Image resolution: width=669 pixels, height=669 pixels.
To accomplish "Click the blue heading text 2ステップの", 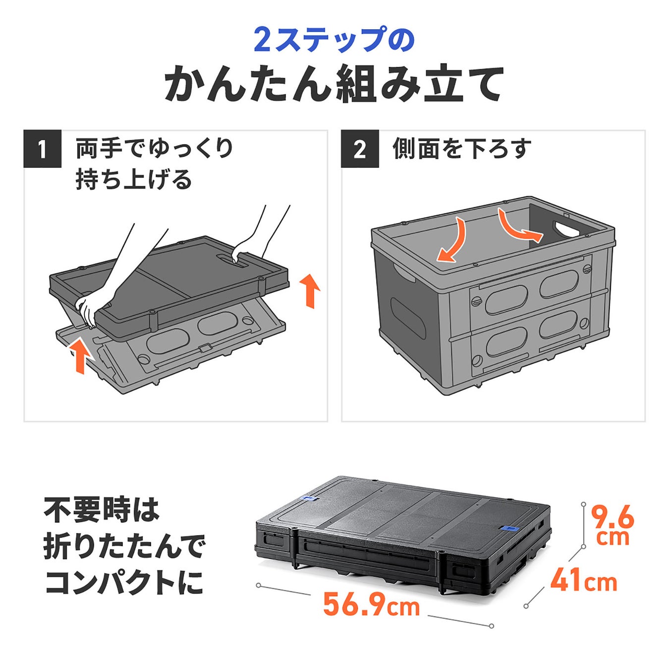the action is pyautogui.click(x=334, y=40).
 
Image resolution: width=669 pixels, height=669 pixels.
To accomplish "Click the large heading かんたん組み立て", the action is pyautogui.click(x=334, y=85).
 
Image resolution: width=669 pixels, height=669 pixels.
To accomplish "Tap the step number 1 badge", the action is pyautogui.click(x=43, y=149).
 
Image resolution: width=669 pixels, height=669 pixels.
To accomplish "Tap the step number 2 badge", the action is pyautogui.click(x=360, y=149).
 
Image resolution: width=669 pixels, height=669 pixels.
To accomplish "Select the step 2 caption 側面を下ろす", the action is pyautogui.click(x=462, y=149).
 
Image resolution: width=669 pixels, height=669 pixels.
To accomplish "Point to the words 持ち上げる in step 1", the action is pyautogui.click(x=134, y=179).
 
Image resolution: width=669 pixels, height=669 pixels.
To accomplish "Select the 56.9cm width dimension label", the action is pyautogui.click(x=371, y=605).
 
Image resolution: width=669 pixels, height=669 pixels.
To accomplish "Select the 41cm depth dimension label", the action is pyautogui.click(x=583, y=580).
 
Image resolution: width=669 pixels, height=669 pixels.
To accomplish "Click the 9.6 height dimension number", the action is pyautogui.click(x=613, y=518).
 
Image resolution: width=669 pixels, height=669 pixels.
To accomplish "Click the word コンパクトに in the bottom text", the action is pyautogui.click(x=124, y=582).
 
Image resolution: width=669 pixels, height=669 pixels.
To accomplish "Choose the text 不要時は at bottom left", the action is pyautogui.click(x=102, y=510).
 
